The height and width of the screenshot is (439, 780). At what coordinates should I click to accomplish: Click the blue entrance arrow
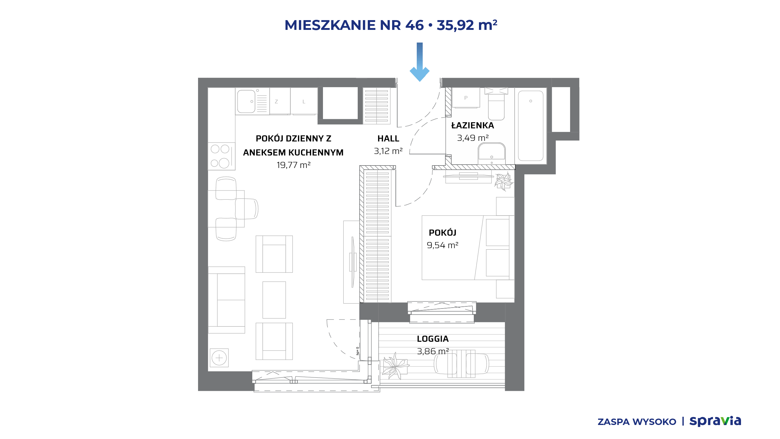coord(420,62)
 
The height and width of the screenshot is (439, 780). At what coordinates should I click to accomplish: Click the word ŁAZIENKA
coord(473,125)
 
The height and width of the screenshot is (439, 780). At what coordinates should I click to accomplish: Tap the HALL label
coord(388,139)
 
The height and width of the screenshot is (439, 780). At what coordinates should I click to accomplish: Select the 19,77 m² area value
coord(293,165)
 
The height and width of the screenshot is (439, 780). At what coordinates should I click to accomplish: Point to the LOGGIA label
coord(433,339)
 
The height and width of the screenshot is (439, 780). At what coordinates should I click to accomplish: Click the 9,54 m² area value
coord(442,245)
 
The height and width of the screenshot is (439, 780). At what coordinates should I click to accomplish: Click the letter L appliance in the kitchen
coord(304,101)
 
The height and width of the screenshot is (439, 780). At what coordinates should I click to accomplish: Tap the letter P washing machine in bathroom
coord(466,98)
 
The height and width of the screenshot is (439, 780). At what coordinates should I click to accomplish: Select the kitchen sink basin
coord(246,102)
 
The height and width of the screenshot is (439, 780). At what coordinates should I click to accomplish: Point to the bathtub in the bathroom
coord(531,126)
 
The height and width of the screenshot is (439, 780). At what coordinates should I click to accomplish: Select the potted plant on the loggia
coord(395,366)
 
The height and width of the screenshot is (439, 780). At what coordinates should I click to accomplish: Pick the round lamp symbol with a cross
coord(219,358)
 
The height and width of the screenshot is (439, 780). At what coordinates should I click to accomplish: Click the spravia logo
coord(715,421)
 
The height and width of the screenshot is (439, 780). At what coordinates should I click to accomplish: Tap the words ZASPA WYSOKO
coord(637,422)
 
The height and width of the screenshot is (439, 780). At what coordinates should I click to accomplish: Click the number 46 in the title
coord(414,25)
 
